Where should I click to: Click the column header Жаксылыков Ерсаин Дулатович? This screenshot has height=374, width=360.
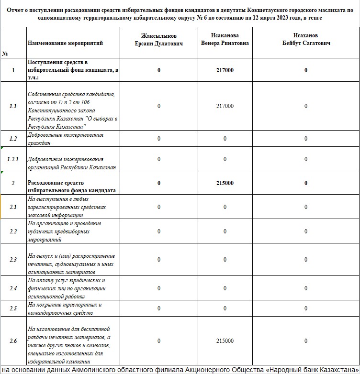(x=159, y=39)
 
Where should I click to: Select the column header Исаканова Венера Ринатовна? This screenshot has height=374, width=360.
(x=225, y=39)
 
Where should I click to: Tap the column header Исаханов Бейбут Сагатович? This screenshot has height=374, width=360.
(x=306, y=39)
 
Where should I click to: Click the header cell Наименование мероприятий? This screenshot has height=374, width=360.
(x=65, y=43)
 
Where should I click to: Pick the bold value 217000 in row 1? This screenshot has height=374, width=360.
(x=225, y=70)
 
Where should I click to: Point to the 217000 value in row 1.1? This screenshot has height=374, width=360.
(x=225, y=106)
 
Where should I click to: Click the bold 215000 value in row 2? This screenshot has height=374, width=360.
(x=225, y=183)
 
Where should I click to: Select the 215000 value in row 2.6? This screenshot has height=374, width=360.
(x=225, y=341)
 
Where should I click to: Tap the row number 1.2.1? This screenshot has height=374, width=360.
(x=13, y=159)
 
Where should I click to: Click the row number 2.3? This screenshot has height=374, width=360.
(x=13, y=260)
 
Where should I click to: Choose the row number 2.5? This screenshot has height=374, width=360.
(x=13, y=308)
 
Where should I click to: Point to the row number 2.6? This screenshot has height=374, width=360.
(x=13, y=341)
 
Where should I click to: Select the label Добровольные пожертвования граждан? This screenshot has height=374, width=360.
(x=66, y=139)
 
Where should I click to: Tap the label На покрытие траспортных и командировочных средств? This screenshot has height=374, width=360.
(x=65, y=308)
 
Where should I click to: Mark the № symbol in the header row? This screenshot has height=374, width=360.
(x=5, y=54)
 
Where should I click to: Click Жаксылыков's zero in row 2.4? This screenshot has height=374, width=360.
(x=159, y=288)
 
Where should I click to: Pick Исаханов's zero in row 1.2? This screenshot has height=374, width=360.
(x=306, y=139)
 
